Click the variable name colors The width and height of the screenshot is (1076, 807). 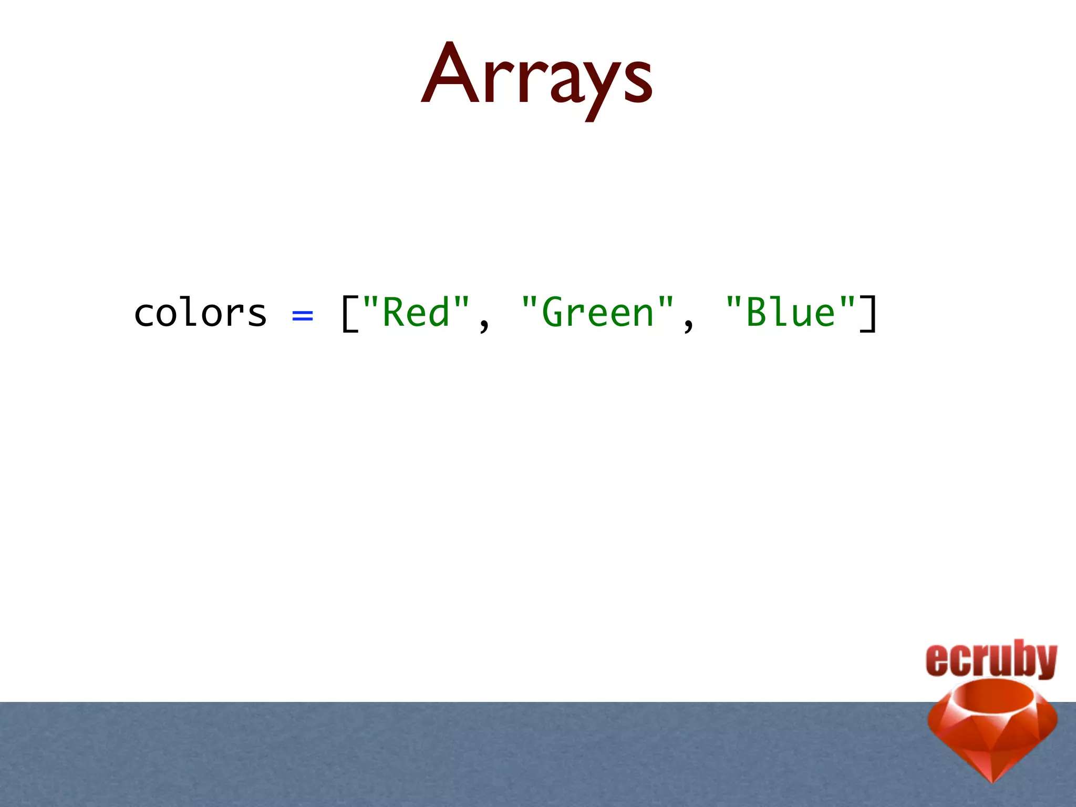(x=200, y=313)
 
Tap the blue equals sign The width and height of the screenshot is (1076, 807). (x=303, y=315)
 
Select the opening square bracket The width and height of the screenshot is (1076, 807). (x=349, y=314)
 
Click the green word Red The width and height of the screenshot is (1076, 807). (x=416, y=313)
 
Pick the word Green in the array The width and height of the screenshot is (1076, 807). (x=597, y=313)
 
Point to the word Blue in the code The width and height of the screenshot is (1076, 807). (x=790, y=313)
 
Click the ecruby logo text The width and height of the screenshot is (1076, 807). (x=991, y=659)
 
